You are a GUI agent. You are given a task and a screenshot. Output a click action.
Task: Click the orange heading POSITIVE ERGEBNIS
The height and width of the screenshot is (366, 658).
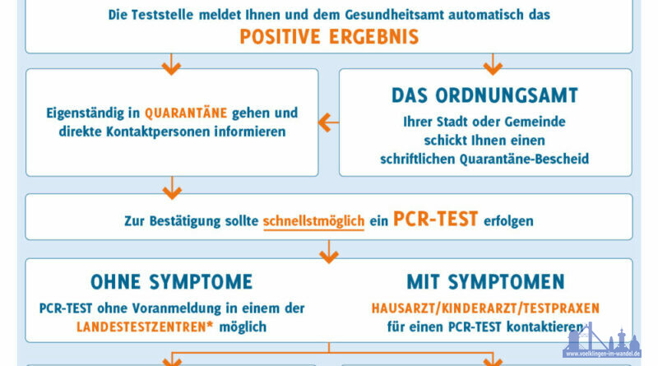[329, 36]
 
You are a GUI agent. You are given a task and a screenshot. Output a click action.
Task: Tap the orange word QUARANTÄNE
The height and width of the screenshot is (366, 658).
[186, 113]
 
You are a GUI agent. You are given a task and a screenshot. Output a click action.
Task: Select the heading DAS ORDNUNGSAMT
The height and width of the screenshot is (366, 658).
[484, 95]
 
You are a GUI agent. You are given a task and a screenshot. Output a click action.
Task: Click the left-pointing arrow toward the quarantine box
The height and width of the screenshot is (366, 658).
[328, 123]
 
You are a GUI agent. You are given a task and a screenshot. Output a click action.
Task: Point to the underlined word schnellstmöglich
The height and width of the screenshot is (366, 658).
[313, 221]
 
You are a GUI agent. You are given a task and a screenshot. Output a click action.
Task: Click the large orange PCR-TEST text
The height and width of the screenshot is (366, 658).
[435, 219]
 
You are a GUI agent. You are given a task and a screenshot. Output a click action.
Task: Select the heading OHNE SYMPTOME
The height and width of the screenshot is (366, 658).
[172, 282]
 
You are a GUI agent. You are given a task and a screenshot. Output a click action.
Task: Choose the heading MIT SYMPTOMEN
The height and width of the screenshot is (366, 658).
[485, 282]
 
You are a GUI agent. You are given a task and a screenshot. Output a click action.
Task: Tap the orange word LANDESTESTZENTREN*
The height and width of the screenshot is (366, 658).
[145, 327]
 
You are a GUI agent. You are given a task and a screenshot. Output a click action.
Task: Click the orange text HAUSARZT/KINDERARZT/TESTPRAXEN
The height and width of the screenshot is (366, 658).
[485, 308]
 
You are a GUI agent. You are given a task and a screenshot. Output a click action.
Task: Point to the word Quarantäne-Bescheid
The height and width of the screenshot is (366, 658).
[524, 159]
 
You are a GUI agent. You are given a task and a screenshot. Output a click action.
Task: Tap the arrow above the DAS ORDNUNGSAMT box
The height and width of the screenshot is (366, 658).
[493, 64]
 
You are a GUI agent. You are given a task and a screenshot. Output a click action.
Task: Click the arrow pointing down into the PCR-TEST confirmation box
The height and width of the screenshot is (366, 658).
[172, 188]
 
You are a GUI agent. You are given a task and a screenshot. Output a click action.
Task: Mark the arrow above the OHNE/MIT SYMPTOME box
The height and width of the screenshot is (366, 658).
[329, 252]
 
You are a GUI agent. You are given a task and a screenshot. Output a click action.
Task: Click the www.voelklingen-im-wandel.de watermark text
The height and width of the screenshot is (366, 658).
[603, 354]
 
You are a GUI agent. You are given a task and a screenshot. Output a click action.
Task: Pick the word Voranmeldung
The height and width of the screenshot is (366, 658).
[177, 308]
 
